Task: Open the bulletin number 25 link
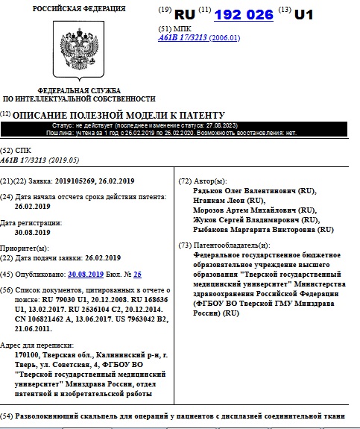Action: tap(137, 275)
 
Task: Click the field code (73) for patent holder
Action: tap(185, 245)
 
